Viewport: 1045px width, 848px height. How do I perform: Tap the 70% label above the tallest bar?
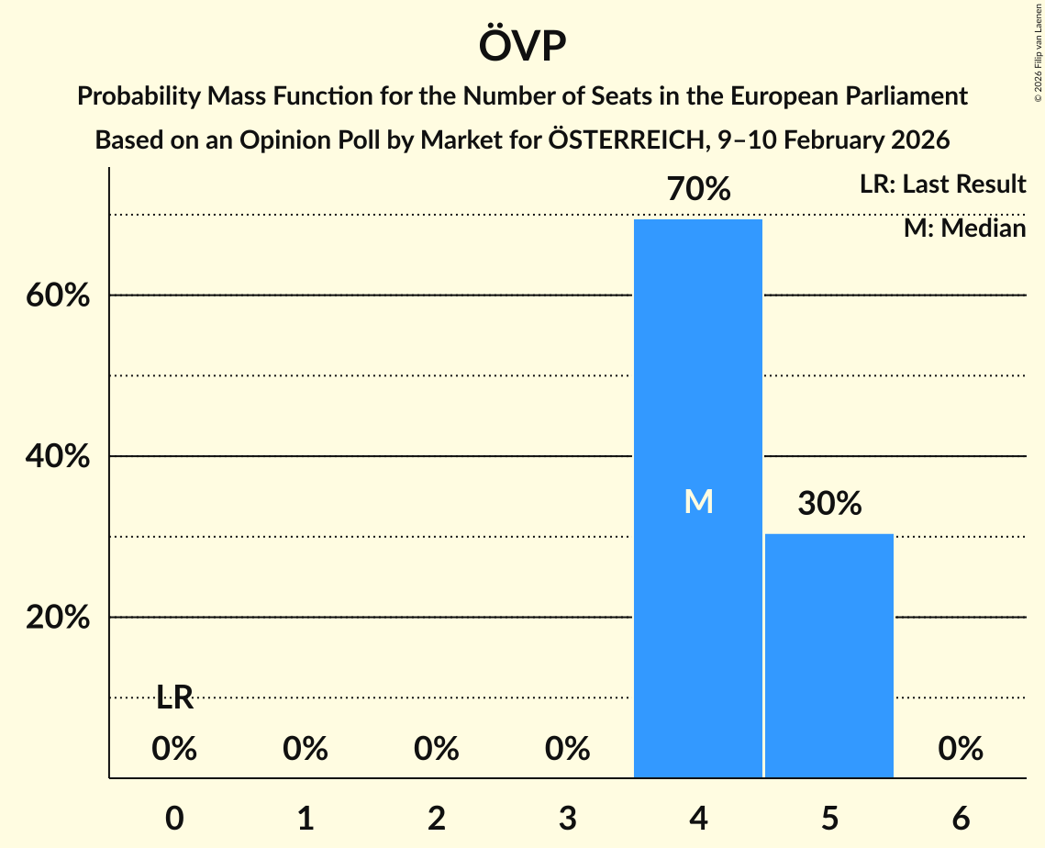[x=698, y=190]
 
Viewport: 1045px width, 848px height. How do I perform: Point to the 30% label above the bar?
[x=829, y=504]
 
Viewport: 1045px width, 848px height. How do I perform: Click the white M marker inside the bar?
[x=698, y=501]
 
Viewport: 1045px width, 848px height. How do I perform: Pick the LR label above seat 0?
[x=174, y=698]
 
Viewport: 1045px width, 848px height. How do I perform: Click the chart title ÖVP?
[x=522, y=46]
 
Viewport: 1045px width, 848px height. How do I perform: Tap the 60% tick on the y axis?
[x=57, y=296]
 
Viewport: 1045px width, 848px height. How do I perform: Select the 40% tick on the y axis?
[x=57, y=457]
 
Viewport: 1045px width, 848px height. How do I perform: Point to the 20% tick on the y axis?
[x=57, y=619]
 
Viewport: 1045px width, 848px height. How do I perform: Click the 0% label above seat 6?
[x=961, y=750]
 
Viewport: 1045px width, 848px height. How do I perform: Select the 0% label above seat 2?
[x=437, y=750]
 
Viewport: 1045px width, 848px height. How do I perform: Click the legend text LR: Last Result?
[x=942, y=184]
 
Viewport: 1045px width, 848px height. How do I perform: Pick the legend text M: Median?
[x=964, y=228]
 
